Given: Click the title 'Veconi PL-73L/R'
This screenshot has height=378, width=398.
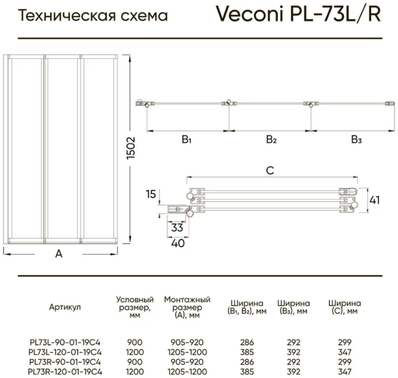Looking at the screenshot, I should click(x=298, y=14).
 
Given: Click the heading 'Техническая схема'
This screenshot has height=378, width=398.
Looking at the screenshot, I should click(x=93, y=16).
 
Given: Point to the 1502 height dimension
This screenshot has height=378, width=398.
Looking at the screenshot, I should click(x=131, y=148).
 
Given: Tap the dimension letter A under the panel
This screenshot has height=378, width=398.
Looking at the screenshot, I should click(x=59, y=254).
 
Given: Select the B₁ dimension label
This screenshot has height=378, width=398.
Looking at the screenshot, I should click(x=186, y=140).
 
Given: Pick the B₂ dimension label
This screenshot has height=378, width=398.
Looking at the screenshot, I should click(x=271, y=140).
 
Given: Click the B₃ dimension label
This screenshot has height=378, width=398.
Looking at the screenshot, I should click(x=356, y=140).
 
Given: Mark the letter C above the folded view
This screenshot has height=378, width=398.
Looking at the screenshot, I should click(x=270, y=171).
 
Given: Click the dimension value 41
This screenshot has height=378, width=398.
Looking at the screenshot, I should click(x=375, y=200).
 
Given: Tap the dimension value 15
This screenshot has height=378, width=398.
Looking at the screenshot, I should click(x=151, y=194).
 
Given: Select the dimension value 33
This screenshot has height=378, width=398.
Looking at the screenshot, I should click(x=177, y=228).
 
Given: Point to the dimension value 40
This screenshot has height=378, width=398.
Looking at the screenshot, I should click(x=178, y=243).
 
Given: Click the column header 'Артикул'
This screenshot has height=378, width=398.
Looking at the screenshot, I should click(x=65, y=307).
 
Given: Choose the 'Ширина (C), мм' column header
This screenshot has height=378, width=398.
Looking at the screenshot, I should click(x=344, y=307).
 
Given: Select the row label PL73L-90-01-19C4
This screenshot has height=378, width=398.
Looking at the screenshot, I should click(x=65, y=342).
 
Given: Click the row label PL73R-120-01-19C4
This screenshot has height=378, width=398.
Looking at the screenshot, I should click(x=65, y=372).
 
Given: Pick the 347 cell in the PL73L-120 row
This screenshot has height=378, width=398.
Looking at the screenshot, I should click(x=345, y=352).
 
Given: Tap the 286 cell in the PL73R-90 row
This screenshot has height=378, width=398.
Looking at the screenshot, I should click(x=247, y=362).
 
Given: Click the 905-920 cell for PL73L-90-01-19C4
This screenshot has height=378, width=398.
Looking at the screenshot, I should click(x=187, y=342).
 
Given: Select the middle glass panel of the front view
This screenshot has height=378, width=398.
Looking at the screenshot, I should click(x=62, y=149).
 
